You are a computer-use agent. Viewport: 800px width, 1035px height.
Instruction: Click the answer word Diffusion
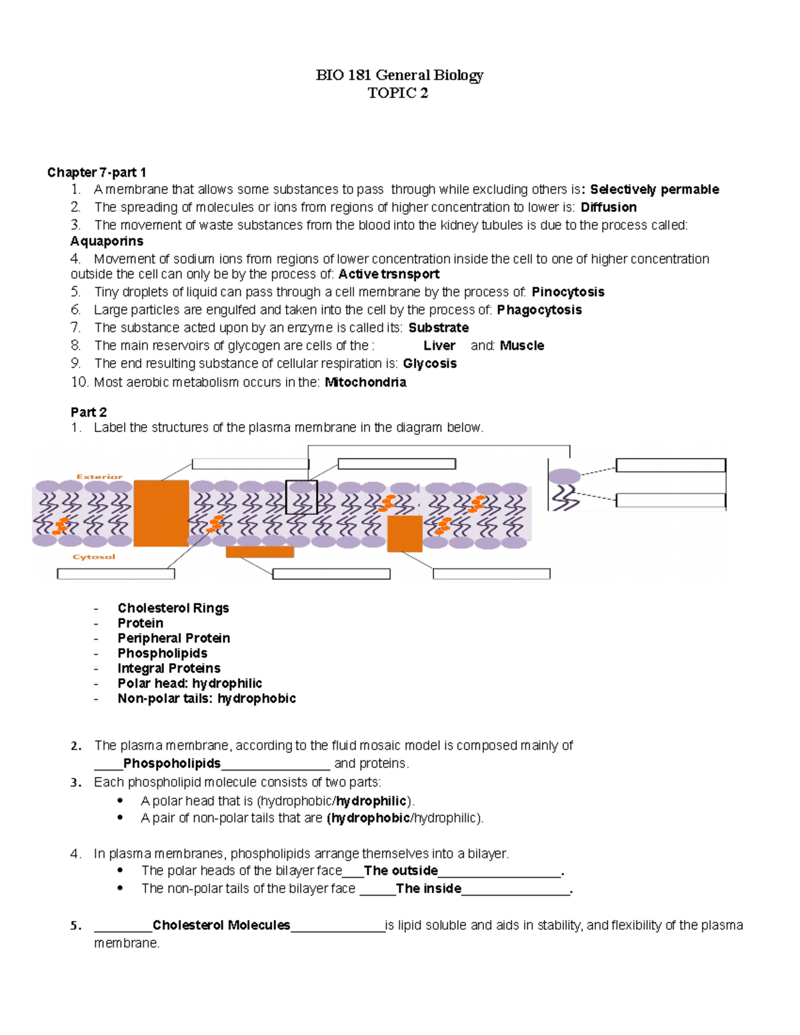(x=608, y=207)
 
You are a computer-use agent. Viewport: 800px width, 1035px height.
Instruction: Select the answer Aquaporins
(x=107, y=241)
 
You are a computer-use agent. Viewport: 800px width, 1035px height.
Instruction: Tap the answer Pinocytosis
(x=567, y=292)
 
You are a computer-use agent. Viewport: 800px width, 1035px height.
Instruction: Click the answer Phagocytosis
(x=539, y=310)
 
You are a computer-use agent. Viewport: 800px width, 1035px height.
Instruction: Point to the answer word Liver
(x=439, y=346)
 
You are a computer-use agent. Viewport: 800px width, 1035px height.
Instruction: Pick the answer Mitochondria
(x=365, y=383)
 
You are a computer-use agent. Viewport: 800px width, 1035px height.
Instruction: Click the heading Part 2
(x=89, y=413)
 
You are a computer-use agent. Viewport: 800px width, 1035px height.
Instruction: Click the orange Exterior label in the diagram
(x=99, y=477)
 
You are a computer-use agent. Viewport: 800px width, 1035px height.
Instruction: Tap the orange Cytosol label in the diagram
(x=94, y=557)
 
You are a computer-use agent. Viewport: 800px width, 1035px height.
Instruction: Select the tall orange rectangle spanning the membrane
(x=161, y=513)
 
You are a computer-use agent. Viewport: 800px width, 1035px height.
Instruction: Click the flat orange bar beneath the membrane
(x=260, y=552)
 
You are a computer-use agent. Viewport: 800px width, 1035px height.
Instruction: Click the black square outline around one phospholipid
(x=301, y=497)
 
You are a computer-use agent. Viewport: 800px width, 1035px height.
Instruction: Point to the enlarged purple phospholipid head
(x=564, y=476)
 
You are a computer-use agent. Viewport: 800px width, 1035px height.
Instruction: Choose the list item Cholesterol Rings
(x=173, y=608)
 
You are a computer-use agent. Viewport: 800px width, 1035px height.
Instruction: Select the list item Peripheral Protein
(x=173, y=638)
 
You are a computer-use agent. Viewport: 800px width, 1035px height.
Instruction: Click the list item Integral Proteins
(x=169, y=668)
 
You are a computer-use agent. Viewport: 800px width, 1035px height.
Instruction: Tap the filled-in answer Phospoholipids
(x=172, y=763)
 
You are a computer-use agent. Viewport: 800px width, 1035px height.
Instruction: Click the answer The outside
(x=401, y=870)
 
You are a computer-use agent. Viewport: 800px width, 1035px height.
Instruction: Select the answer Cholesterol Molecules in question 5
(x=221, y=925)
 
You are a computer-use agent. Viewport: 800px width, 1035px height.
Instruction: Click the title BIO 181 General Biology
(x=399, y=75)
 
